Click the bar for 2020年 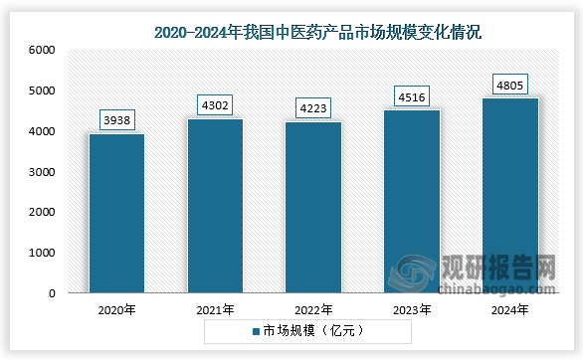[x=116, y=214]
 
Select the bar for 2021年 [x=215, y=206]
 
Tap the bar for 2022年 [x=313, y=208]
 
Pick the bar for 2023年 [x=412, y=202]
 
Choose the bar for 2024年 [x=509, y=196]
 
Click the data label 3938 [x=116, y=120]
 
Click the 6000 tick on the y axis [x=41, y=50]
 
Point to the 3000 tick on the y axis [x=41, y=172]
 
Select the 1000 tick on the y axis [x=41, y=254]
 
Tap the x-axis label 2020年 [x=116, y=310]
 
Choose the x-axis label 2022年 [x=313, y=310]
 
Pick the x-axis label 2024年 [x=509, y=310]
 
